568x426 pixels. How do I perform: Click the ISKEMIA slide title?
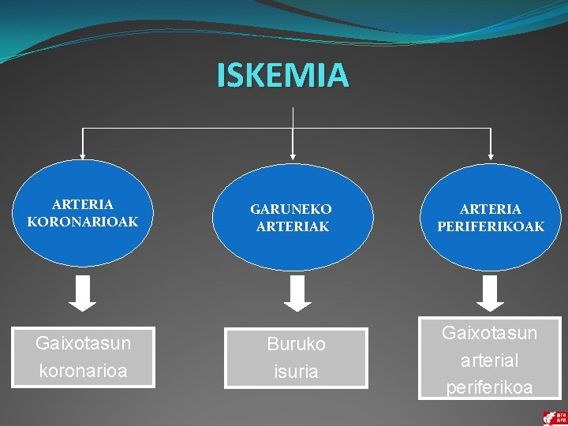click(282, 75)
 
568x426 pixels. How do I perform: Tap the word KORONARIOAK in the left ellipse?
click(82, 222)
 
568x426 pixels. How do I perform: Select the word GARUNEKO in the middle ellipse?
click(291, 209)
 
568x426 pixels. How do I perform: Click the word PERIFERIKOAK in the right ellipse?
click(491, 226)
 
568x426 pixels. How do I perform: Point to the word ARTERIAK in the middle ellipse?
click(293, 226)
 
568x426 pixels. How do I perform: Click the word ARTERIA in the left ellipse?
click(83, 204)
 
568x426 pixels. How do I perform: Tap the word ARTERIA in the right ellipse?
click(491, 209)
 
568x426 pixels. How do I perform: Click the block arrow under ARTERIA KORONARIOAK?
click(82, 293)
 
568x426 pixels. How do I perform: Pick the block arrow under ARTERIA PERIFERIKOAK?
click(491, 293)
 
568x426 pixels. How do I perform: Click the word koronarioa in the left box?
click(83, 371)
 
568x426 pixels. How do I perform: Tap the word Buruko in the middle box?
click(296, 345)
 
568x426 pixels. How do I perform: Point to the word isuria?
click(296, 372)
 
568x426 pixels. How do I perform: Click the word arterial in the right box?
click(489, 361)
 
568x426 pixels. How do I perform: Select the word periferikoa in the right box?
click(489, 387)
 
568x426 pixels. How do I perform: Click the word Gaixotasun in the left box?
click(83, 343)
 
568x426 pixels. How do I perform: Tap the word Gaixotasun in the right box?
click(489, 333)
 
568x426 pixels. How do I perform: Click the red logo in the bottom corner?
click(554, 417)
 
